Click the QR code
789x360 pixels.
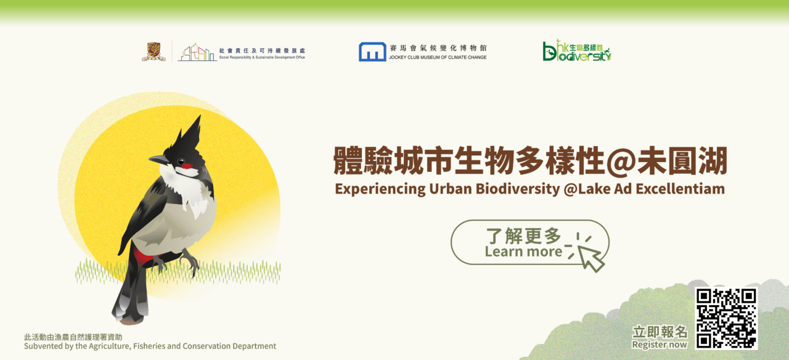[726, 319]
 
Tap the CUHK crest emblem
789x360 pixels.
[153, 52]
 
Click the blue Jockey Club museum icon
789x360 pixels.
[372, 52]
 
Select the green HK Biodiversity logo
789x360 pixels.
[576, 51]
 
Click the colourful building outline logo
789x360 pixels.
[197, 52]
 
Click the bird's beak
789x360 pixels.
[158, 160]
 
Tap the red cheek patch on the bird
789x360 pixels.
[187, 166]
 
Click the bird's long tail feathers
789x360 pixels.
[130, 296]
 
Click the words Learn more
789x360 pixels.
[523, 252]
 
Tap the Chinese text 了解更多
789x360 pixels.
[523, 235]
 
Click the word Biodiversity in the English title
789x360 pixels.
[517, 189]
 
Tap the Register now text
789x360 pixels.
[660, 345]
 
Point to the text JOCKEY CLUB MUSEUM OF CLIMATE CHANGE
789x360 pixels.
[438, 57]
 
